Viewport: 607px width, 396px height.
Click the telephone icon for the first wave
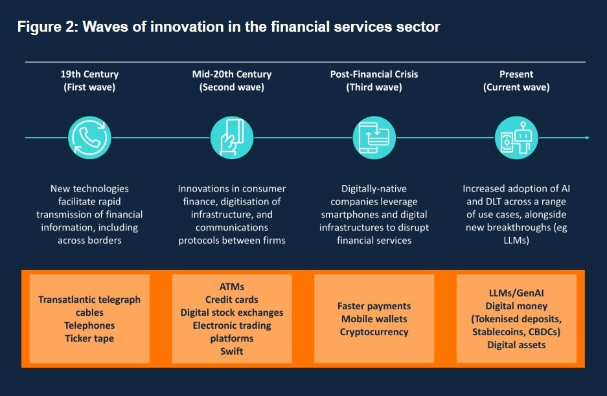click(89, 137)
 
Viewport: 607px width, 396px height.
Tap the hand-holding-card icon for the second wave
click(231, 137)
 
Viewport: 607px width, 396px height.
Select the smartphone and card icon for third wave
click(374, 137)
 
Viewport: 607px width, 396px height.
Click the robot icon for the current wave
click(516, 137)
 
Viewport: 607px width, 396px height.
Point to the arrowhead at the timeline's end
click(586, 137)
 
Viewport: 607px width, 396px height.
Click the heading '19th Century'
click(89, 74)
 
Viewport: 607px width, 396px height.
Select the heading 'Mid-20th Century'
click(231, 74)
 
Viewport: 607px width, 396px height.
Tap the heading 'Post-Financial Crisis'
click(374, 74)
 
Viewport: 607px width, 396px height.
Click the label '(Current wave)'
click(516, 87)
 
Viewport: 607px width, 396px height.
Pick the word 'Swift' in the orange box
click(231, 351)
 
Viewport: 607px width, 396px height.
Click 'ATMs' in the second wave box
click(231, 286)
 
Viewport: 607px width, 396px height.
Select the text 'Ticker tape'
click(89, 338)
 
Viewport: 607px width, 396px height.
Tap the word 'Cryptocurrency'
click(374, 332)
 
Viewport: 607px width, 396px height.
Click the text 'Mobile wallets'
click(374, 319)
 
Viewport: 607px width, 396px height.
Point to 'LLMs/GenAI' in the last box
click(516, 293)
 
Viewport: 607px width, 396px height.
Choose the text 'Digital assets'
click(516, 345)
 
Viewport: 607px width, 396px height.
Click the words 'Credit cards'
click(231, 300)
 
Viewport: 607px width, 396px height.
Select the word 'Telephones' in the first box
click(89, 325)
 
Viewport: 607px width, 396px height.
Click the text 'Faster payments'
click(374, 306)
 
